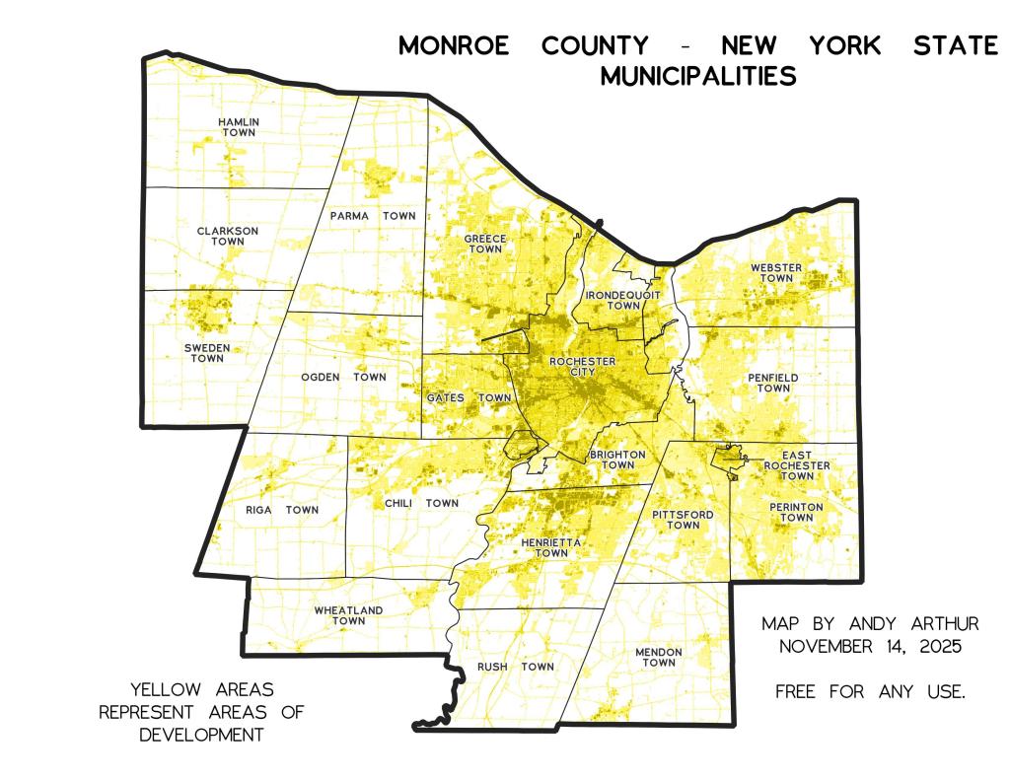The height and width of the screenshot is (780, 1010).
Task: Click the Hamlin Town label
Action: pos(239,127)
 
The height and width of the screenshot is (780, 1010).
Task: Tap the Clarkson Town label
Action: pos(227,236)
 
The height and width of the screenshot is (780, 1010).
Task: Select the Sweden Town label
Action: pos(207,353)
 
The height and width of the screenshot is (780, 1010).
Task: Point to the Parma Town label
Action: pos(373,215)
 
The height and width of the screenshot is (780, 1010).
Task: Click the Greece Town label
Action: pos(485,244)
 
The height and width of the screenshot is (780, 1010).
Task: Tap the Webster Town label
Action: pos(775,273)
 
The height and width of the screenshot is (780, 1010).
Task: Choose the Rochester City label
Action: pos(583,367)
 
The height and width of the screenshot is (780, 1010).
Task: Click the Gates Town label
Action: pos(469,397)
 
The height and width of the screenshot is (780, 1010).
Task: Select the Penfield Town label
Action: pos(773,383)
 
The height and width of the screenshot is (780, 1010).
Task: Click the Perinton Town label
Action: pos(790,512)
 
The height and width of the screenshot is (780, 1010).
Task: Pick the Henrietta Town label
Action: pos(551,548)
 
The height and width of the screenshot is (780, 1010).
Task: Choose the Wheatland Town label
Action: pos(348,615)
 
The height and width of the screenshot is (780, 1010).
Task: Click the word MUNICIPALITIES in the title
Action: pos(698,76)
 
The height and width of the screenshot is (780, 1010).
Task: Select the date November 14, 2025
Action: pos(870,647)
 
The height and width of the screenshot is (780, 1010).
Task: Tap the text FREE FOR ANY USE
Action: pos(870,692)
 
